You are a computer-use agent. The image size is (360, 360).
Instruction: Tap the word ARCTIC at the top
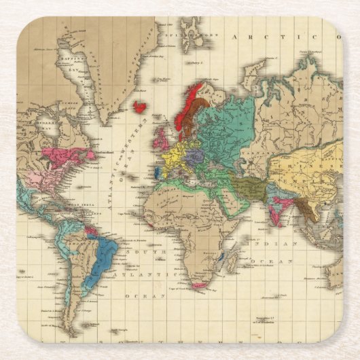[271, 38]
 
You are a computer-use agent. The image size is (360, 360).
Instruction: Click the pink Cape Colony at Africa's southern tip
[198, 285]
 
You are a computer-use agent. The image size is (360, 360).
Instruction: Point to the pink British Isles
[161, 139]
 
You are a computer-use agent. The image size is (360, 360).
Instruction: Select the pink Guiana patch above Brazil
[90, 230]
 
